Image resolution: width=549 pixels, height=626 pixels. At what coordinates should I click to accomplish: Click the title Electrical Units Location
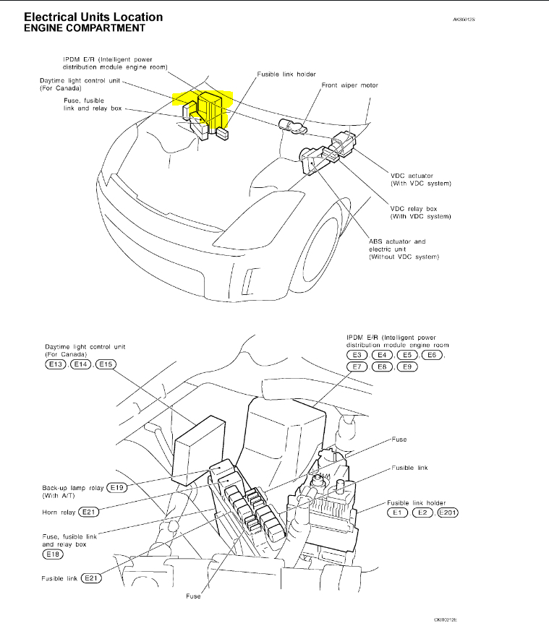click(93, 17)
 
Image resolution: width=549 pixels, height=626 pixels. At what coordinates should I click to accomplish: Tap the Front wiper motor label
click(349, 85)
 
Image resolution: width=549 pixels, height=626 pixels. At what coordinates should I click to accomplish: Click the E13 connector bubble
click(54, 364)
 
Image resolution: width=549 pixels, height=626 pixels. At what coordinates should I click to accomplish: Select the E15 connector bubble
click(106, 364)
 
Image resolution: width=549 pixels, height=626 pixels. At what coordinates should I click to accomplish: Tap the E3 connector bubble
click(357, 355)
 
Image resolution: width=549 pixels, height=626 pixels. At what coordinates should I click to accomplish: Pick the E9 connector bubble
click(408, 367)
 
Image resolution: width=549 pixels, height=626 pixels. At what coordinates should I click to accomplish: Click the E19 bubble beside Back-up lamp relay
click(117, 487)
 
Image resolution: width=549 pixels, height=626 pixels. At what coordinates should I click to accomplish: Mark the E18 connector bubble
click(54, 555)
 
